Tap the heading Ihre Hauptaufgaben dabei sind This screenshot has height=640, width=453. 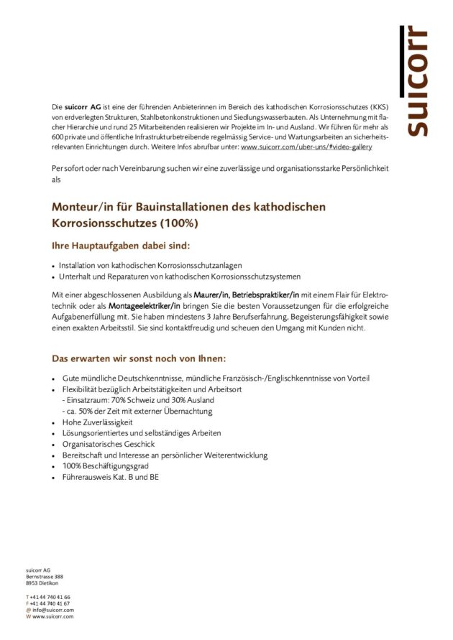(x=121, y=246)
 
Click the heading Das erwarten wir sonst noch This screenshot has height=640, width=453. (x=139, y=358)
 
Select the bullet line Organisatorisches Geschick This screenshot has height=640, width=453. (x=109, y=444)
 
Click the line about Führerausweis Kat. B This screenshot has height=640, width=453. (x=110, y=476)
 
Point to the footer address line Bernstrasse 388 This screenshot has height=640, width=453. (x=45, y=576)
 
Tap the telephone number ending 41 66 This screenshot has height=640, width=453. (x=50, y=597)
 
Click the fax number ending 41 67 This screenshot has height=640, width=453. (x=50, y=603)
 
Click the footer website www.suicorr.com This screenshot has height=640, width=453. (x=53, y=616)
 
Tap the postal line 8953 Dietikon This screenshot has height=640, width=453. (x=42, y=583)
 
